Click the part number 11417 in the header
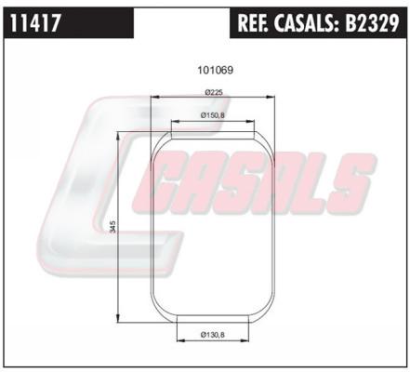34,23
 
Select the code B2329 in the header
372,23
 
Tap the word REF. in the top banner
253,23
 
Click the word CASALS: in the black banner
306,23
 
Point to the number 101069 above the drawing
215,71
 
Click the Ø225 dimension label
214,92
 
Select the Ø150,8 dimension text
212,115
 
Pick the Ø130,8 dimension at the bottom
212,335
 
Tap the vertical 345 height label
113,227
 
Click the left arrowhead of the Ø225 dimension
153,98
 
